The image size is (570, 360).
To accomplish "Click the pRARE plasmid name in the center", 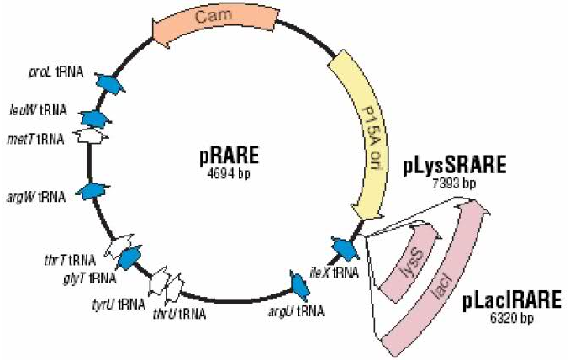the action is click(230, 156).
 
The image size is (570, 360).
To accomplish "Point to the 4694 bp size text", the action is click(229, 174).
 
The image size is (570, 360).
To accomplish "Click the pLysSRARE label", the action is click(455, 165).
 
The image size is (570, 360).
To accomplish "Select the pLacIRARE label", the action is click(512, 301).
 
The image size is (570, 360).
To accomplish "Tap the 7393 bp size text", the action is click(454, 183).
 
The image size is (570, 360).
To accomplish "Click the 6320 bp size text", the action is click(512, 319).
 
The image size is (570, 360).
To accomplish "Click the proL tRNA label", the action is click(56, 71).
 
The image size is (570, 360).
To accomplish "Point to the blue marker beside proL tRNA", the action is click(110, 83).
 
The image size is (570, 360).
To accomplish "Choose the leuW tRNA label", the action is click(39, 109).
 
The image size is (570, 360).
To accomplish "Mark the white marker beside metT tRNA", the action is click(91, 136).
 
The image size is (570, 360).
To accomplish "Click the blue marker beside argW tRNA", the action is click(93, 191).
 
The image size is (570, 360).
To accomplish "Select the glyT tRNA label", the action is click(89, 278).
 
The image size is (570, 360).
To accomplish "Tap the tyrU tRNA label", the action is click(119, 304).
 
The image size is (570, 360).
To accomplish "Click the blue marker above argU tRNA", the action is click(300, 285).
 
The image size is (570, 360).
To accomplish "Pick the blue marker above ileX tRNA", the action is click(345, 249).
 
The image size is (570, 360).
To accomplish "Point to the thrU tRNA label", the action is click(180, 314).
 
